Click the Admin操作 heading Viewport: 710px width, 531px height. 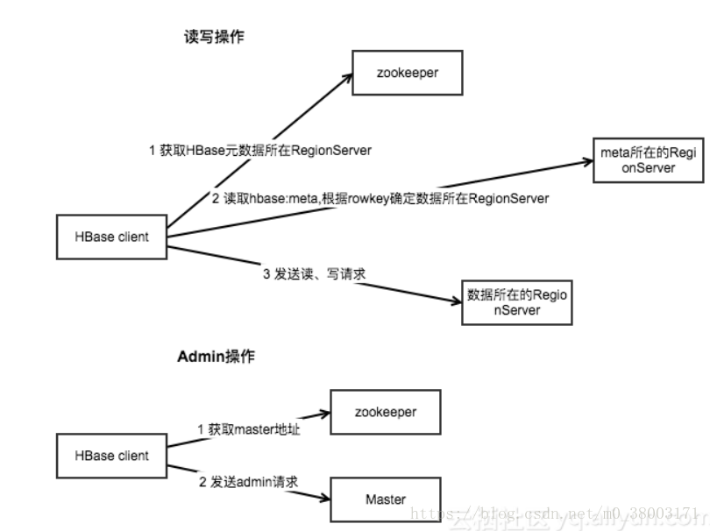tap(217, 358)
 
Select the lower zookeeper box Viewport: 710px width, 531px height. tap(385, 411)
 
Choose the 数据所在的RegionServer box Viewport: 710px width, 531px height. tap(517, 302)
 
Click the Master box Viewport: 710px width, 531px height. tap(385, 499)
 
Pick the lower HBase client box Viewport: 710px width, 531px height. tap(111, 456)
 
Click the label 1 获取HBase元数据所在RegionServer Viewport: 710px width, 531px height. tap(260, 151)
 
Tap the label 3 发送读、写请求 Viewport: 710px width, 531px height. tap(313, 274)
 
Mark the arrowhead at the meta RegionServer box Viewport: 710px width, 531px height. tap(588, 161)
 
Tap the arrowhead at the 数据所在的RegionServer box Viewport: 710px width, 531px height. tap(456, 302)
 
